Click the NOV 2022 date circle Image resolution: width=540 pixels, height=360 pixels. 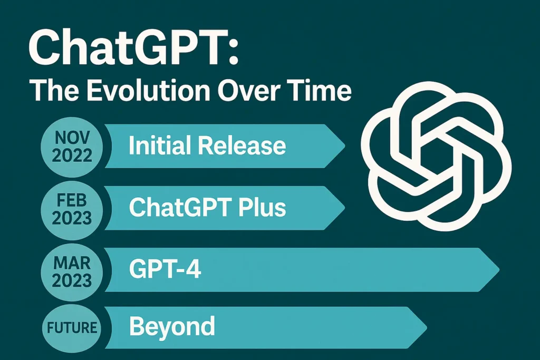[x=72, y=147]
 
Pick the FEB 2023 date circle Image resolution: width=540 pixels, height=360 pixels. [x=72, y=209]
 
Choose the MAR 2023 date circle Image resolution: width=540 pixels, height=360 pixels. [x=72, y=272]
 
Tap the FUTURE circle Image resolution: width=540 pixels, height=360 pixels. [x=72, y=327]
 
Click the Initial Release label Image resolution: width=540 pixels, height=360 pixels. [x=207, y=145]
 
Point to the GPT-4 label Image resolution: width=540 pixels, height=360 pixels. [x=165, y=269]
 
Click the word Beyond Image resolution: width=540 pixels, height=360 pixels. [x=172, y=326]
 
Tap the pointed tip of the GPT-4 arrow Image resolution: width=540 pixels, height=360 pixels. [x=499, y=269]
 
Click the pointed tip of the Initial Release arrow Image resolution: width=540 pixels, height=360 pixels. [x=345, y=146]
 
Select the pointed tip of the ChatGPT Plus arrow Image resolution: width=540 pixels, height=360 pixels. [x=345, y=208]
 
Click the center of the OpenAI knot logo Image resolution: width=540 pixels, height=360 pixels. [x=436, y=156]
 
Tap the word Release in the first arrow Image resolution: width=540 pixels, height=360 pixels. [x=242, y=146]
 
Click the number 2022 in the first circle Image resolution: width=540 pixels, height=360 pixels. [x=72, y=155]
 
